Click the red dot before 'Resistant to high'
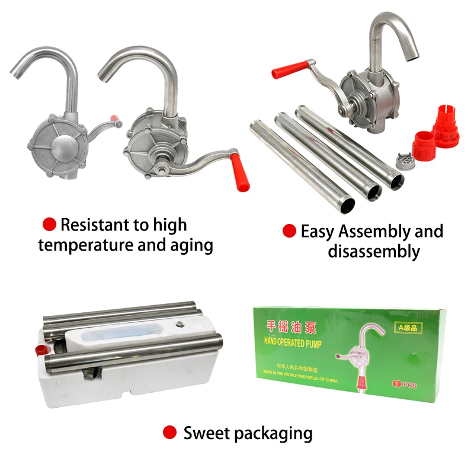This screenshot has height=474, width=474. click(50, 224)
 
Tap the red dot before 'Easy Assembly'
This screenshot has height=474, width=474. click(289, 231)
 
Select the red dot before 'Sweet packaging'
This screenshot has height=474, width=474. click(170, 433)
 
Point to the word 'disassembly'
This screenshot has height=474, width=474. click(373, 251)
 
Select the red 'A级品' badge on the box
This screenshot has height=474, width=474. click(409, 328)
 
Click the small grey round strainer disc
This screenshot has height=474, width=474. click(404, 159)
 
